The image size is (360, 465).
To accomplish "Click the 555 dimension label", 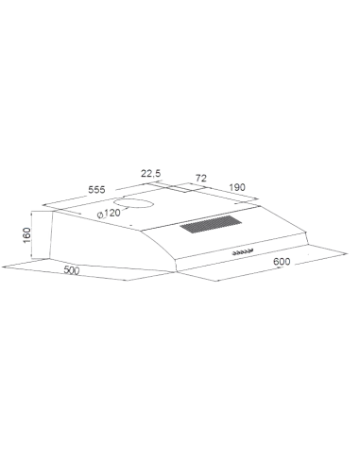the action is click(x=96, y=190).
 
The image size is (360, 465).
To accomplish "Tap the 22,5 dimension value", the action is click(x=151, y=173).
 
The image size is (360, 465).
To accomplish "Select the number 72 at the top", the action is click(x=201, y=178).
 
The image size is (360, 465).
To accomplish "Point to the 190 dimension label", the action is click(x=237, y=187).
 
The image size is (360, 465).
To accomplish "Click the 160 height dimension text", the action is click(x=26, y=235).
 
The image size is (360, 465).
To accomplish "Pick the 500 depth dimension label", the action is click(x=72, y=270).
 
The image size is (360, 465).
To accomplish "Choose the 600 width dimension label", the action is click(x=282, y=262).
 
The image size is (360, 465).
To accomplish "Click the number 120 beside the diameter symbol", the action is click(x=111, y=214).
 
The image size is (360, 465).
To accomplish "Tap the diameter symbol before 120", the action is click(x=100, y=215).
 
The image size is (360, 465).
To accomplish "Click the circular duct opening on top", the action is click(x=133, y=204).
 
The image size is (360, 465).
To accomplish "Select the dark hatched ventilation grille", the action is click(x=211, y=224).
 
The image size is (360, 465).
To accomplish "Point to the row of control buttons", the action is click(x=243, y=252).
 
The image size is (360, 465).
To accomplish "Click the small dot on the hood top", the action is click(x=130, y=225).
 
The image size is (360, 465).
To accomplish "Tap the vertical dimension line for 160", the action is click(x=31, y=235).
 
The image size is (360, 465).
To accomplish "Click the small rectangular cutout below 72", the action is click(x=180, y=188).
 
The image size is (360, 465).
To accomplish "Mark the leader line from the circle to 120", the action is click(x=125, y=208).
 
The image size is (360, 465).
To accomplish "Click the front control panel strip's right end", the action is click(x=308, y=244).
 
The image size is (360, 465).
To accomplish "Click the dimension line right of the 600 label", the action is click(x=321, y=258).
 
